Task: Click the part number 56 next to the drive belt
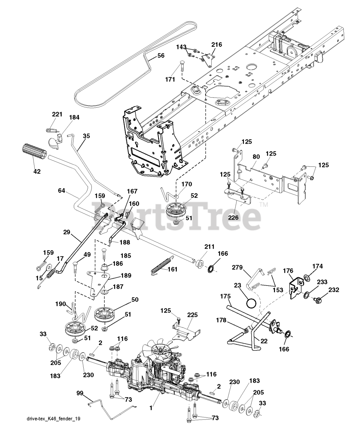pos(161,55)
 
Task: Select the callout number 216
pos(216,45)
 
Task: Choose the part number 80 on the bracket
pos(256,157)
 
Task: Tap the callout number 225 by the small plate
pos(192,315)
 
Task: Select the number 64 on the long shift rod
pos(61,191)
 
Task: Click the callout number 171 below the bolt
pos(170,79)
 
